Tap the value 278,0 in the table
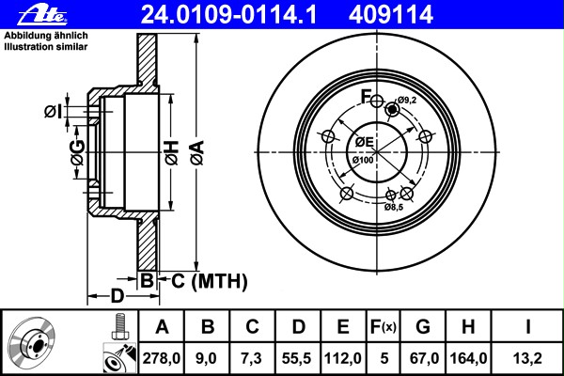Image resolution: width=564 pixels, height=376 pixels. click(x=161, y=357)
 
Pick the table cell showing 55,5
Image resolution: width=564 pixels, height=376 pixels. click(x=298, y=357)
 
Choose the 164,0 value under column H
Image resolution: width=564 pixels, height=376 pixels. click(x=467, y=357)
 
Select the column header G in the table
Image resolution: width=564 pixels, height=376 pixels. click(x=423, y=327)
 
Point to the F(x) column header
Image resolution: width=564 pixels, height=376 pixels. click(x=383, y=327)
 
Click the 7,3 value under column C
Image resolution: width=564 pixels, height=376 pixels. click(x=252, y=357)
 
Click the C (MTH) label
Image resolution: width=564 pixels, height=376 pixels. click(x=204, y=280)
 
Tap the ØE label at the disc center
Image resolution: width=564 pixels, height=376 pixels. click(x=364, y=142)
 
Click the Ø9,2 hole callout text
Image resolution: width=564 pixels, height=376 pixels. click(x=406, y=100)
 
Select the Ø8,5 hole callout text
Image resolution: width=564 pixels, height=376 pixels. click(x=394, y=206)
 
